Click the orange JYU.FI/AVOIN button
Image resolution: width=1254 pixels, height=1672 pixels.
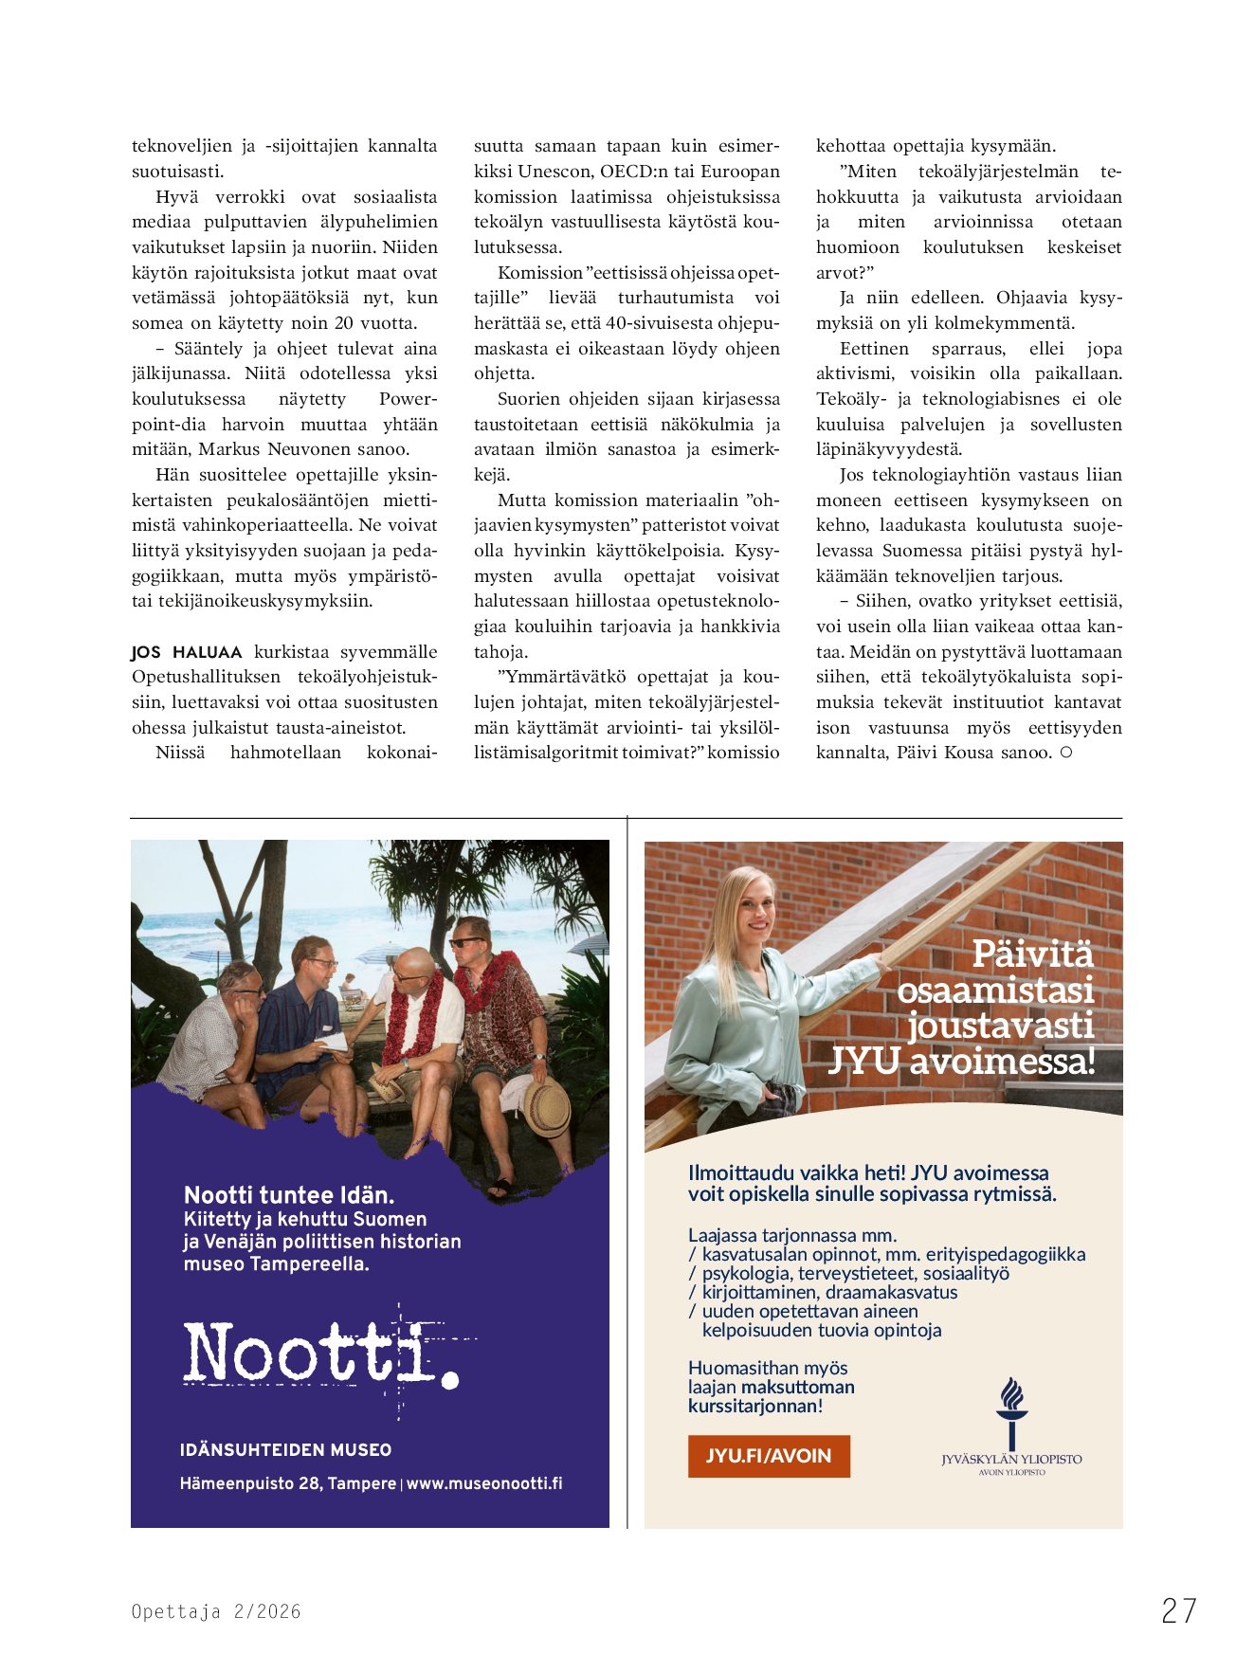(x=769, y=1456)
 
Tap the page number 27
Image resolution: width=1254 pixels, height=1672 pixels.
(x=1179, y=1610)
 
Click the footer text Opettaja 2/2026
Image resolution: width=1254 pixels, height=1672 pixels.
(x=216, y=1611)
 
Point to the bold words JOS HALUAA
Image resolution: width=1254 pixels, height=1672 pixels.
(x=187, y=652)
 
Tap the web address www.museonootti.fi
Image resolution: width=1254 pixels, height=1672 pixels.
(x=484, y=1483)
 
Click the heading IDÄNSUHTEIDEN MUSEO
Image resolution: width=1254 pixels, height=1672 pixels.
(x=285, y=1449)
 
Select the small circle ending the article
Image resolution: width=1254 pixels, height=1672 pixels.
(x=1066, y=753)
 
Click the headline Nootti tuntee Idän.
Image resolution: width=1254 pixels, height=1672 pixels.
(x=289, y=1194)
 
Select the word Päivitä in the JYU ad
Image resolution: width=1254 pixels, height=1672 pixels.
(x=1032, y=954)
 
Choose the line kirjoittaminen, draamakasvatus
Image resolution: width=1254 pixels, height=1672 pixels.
(x=829, y=1292)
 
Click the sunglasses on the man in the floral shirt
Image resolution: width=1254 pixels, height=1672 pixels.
(x=466, y=942)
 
